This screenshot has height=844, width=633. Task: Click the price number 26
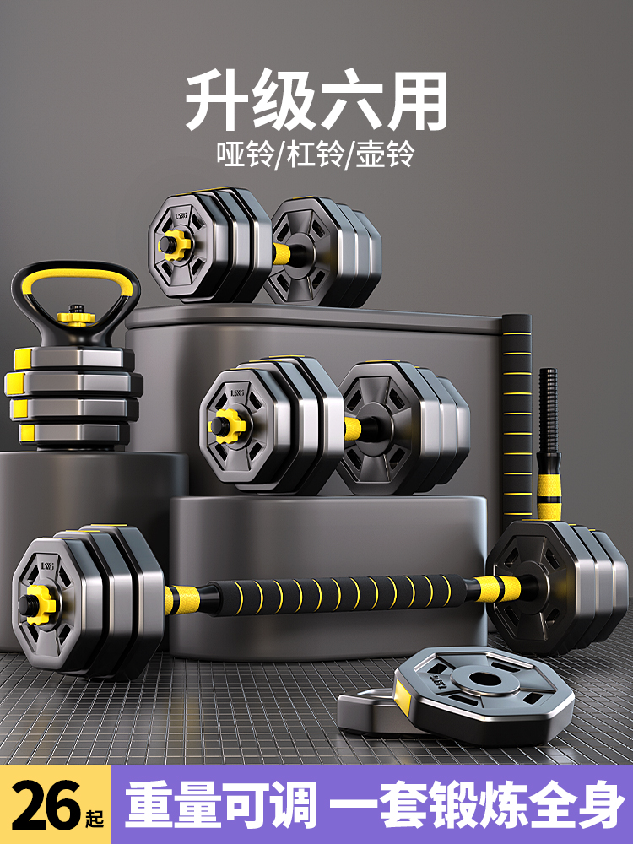point(48,805)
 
